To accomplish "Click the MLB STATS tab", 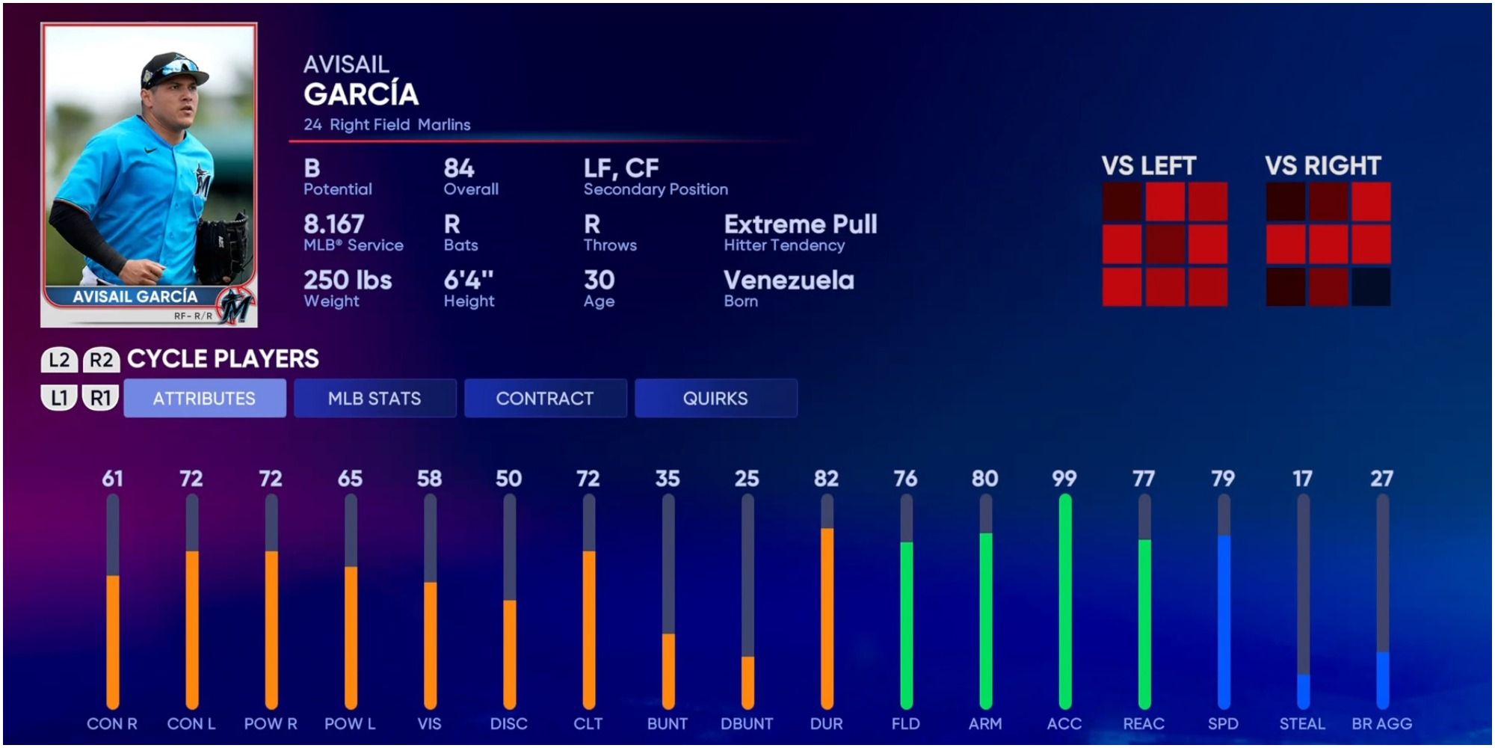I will coord(374,399).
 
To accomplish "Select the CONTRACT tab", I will coord(545,399).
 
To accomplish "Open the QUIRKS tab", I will coord(715,399).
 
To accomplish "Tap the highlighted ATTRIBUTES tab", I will coord(204,399).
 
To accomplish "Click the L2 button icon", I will coord(59,360).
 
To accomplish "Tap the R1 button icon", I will coord(101,398).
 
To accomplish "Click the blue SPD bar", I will coord(1224,621).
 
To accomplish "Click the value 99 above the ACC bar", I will coord(1064,479).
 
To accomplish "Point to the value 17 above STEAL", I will coord(1302,479).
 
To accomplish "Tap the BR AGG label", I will coord(1381,724).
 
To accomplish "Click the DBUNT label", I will coord(747,724).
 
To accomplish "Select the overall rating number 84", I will coord(459,168).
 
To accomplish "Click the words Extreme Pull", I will coord(801,224).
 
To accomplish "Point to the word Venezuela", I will coord(789,280).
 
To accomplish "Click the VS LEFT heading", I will coord(1149,166).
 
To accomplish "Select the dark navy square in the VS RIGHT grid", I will coord(1371,286).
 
